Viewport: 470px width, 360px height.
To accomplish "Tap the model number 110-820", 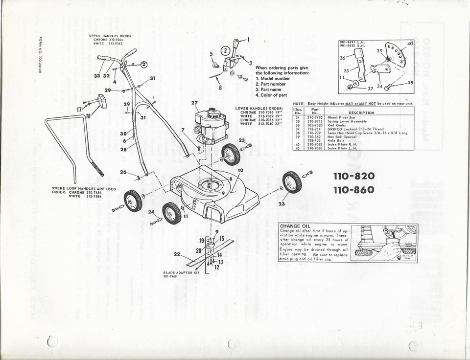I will [354, 176].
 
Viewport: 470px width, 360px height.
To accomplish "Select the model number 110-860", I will [354, 190].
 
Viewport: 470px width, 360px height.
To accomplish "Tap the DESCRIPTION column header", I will [361, 112].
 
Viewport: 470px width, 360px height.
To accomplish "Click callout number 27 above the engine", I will [194, 103].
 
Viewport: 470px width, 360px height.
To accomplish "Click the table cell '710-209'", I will [314, 133].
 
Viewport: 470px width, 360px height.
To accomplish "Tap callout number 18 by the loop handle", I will [88, 116].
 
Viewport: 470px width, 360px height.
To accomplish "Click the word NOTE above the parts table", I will [299, 104].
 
